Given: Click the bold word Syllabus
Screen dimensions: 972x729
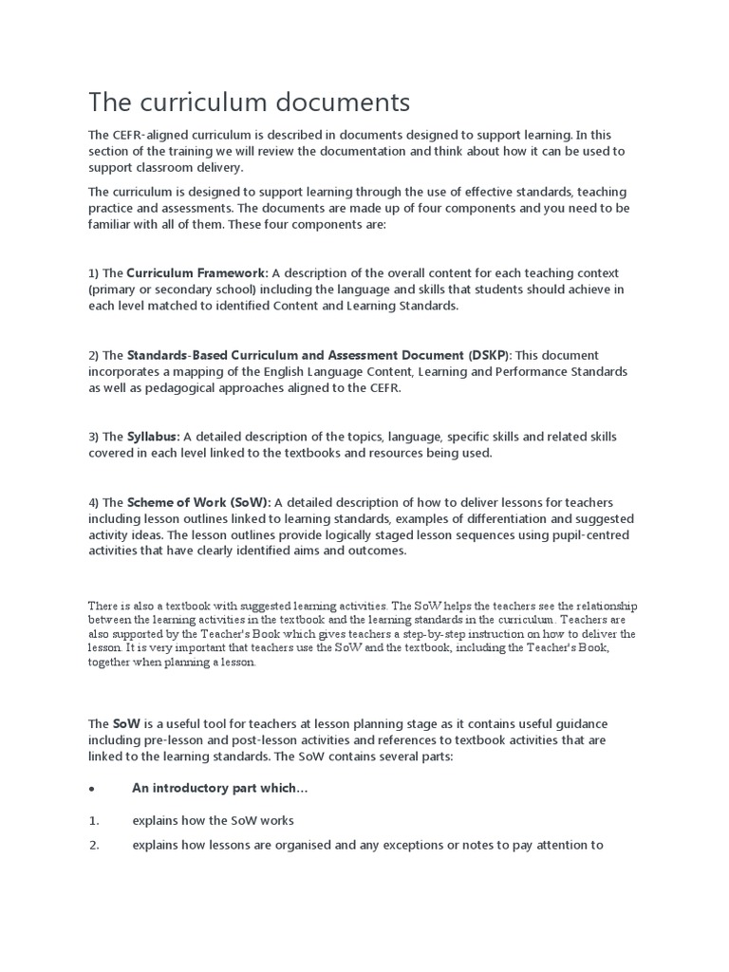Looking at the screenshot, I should coord(154,437).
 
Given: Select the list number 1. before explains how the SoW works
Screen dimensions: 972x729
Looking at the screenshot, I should coord(94,820).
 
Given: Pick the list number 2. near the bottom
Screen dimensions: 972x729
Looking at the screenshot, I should coord(94,845).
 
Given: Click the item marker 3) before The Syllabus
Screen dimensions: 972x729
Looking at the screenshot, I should coord(94,437).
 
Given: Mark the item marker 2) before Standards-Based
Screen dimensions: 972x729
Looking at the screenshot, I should coord(94,355).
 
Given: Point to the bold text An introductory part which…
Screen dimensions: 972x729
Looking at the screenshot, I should coord(219,789).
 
